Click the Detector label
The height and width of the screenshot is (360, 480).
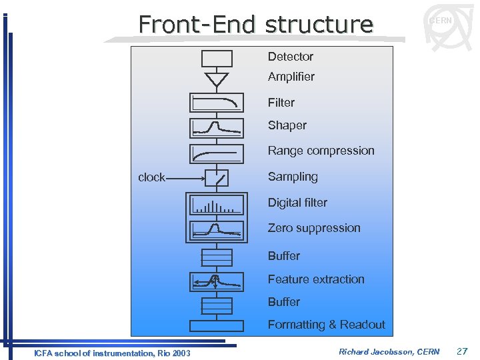(x=290, y=57)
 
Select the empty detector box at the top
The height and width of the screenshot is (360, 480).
(x=217, y=59)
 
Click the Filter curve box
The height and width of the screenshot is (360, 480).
(x=217, y=103)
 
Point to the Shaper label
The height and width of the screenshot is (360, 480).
(x=287, y=125)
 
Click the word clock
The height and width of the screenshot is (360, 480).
(x=151, y=177)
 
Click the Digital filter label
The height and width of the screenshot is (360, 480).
(x=297, y=203)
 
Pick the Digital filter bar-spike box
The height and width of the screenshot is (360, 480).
(x=217, y=205)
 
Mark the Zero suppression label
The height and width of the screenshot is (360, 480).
(x=313, y=228)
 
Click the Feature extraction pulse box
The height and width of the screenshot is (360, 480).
(x=217, y=281)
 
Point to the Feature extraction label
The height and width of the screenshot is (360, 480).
(x=316, y=279)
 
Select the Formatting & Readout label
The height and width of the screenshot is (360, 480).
(x=326, y=325)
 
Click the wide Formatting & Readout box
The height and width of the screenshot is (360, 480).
(x=217, y=326)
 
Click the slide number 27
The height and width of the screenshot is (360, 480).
(x=462, y=351)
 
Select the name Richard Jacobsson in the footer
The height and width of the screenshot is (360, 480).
(x=373, y=351)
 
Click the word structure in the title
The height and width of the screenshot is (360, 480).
(x=319, y=25)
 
